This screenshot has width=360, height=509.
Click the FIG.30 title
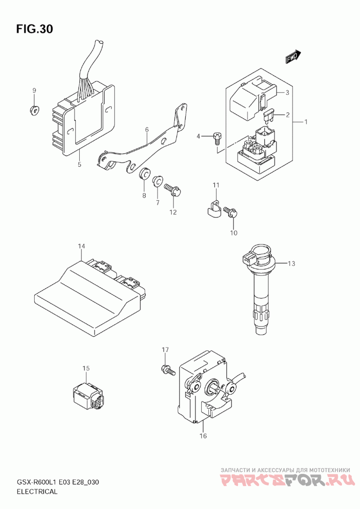[35, 29]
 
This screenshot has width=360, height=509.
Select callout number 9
[34, 90]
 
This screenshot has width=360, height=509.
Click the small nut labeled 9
[34, 110]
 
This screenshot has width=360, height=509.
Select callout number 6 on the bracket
[147, 130]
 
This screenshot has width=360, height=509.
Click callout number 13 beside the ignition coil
[292, 263]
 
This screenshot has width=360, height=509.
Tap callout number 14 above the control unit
[81, 246]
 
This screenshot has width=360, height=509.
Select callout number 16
[203, 436]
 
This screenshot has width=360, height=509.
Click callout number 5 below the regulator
[80, 164]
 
